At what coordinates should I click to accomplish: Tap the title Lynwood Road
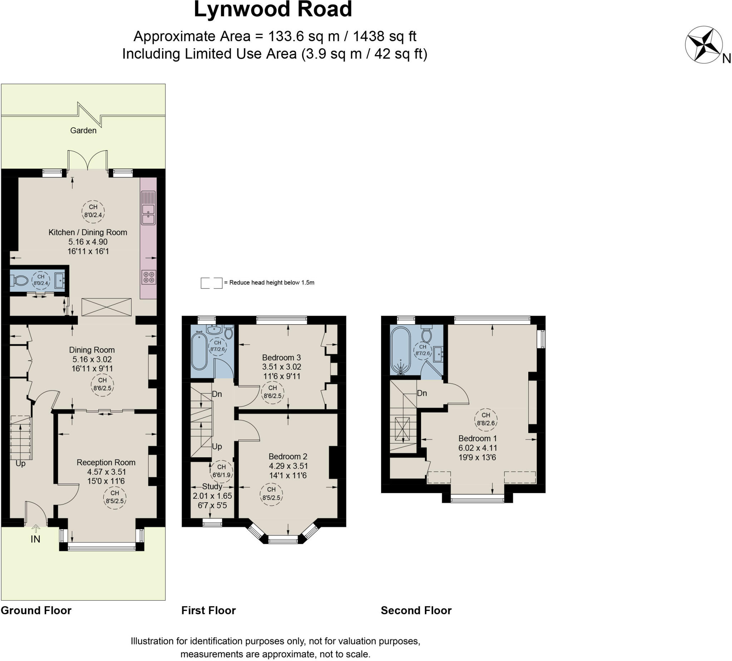[x=273, y=9]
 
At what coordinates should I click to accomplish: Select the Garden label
[x=83, y=130]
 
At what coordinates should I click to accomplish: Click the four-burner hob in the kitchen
[x=148, y=277]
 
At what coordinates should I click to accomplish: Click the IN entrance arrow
[x=36, y=529]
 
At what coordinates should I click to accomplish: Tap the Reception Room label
[x=106, y=462]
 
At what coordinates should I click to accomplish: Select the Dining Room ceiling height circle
[x=102, y=384]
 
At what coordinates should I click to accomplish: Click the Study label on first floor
[x=212, y=486]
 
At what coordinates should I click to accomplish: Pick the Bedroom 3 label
[x=281, y=357]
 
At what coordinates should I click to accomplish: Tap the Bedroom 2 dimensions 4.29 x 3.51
[x=288, y=466]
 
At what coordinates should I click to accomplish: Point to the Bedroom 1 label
[x=478, y=438]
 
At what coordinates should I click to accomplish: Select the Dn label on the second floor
[x=422, y=393]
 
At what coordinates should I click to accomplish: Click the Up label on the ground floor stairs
[x=20, y=463]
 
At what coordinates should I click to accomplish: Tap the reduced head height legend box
[x=211, y=283]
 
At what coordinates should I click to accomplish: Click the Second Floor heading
[x=416, y=611]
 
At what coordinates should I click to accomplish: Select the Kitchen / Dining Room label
[x=88, y=232]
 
